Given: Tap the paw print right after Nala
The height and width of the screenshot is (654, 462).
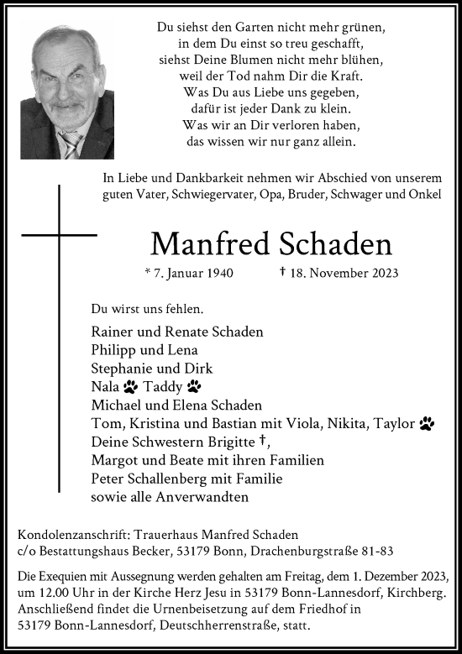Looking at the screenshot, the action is [130, 387].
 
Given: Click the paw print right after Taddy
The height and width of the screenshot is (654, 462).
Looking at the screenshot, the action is [194, 387].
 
